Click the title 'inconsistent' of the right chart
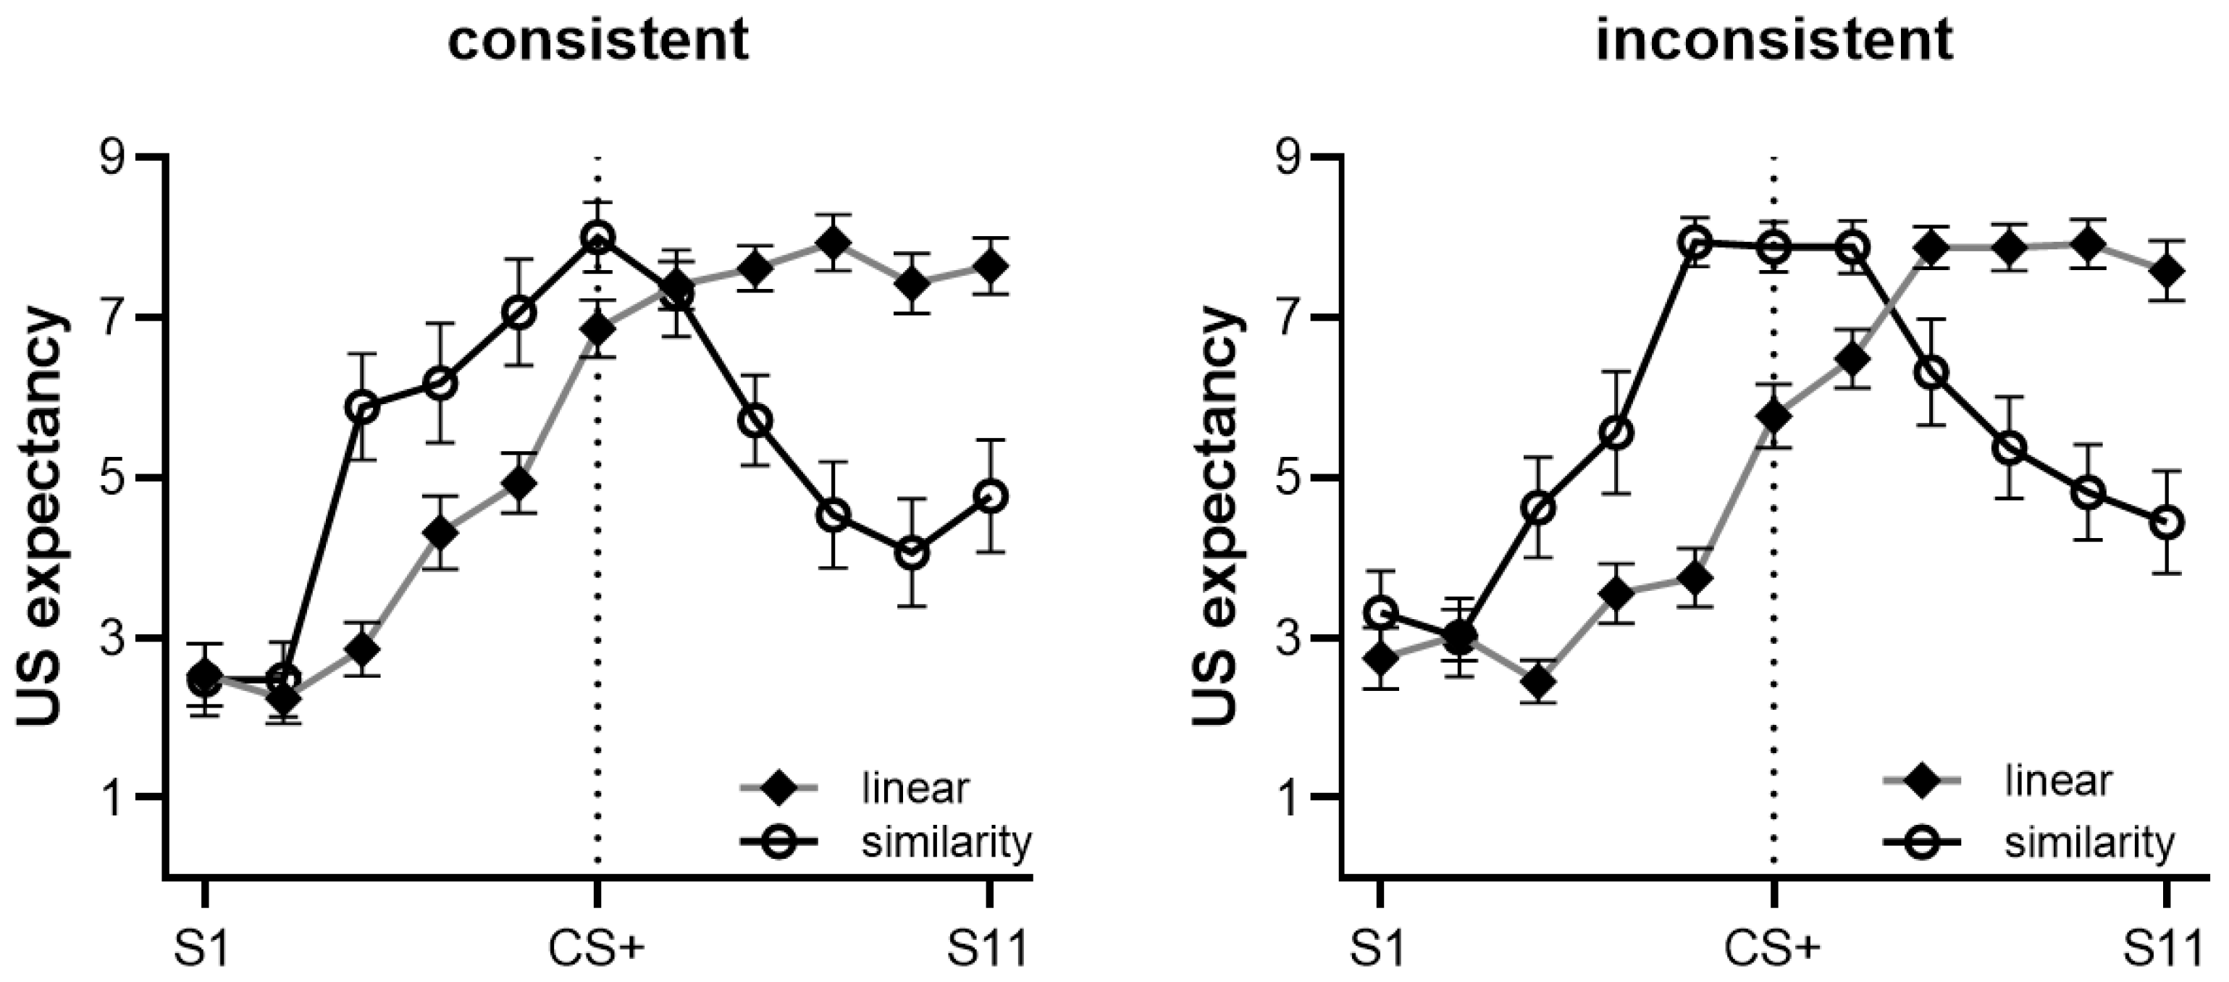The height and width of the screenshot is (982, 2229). pos(1773,40)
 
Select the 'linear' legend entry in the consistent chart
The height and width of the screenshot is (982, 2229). pos(915,788)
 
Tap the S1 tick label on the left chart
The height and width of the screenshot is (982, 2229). pos(204,950)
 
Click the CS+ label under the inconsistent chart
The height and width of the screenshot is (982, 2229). pos(1772,950)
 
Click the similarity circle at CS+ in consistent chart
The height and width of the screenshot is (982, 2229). pos(597,236)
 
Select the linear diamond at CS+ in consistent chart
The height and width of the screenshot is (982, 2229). pos(597,330)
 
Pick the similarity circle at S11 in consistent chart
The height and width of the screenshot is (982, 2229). pos(991,497)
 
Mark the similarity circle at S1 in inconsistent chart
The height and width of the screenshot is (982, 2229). pos(1382,613)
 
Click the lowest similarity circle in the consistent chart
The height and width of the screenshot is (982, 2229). pos(912,553)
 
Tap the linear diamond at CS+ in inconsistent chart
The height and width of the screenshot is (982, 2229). pos(1773,416)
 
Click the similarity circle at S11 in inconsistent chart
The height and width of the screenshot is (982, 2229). pos(2167,523)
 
